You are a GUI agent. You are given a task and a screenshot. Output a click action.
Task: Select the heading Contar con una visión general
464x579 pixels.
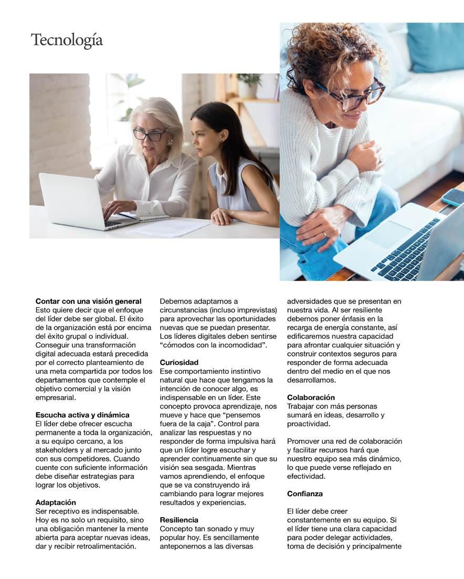[88, 301]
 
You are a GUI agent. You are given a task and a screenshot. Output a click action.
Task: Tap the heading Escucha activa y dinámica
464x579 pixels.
[82, 415]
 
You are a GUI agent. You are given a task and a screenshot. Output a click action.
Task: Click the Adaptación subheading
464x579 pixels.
[56, 502]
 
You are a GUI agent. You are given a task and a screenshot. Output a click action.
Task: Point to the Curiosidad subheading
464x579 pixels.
[179, 362]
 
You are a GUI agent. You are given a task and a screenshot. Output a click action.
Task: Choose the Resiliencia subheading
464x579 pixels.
[179, 520]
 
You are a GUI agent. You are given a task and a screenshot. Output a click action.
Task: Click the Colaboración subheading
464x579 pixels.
[311, 397]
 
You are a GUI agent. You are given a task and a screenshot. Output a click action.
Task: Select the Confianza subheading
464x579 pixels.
[305, 493]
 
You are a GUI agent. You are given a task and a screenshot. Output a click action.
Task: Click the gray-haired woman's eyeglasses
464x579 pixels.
[149, 134]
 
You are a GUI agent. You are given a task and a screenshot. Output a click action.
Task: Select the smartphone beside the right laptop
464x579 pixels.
[453, 197]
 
